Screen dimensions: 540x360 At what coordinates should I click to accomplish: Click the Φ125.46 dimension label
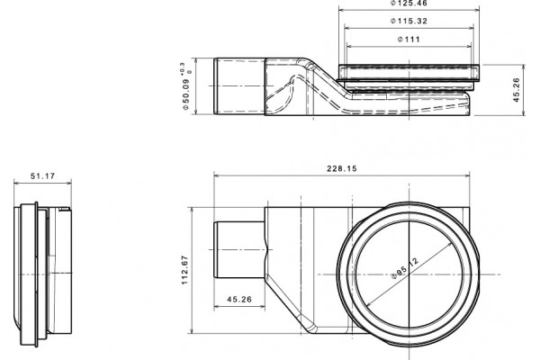point(409,3)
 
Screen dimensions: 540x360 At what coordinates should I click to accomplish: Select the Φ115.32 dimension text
point(409,21)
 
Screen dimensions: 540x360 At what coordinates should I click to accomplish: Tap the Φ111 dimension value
point(409,40)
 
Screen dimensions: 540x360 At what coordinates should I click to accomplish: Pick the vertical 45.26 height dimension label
point(517,90)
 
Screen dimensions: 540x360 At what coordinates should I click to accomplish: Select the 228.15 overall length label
point(342,168)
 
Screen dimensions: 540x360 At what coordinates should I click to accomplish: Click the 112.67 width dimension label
point(184,270)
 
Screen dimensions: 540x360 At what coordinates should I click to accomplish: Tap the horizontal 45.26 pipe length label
point(239,299)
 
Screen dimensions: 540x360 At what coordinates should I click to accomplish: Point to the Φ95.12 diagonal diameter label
point(406,268)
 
